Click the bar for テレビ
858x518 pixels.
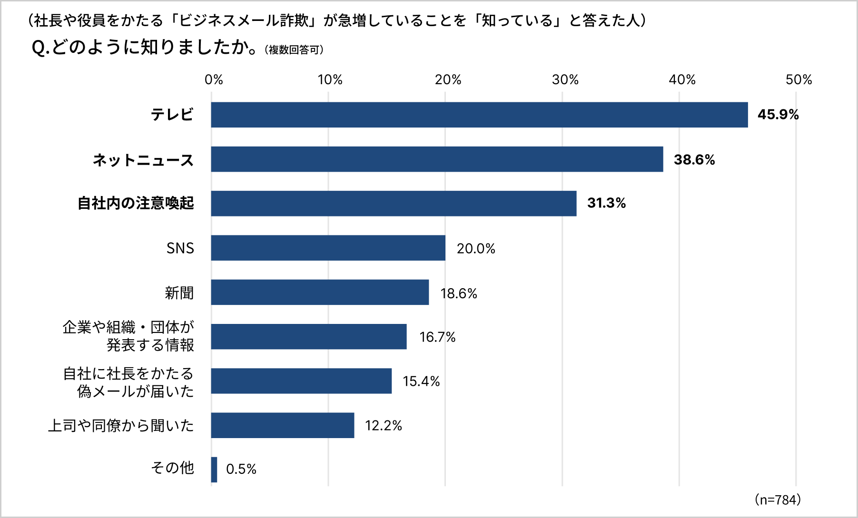click(479, 115)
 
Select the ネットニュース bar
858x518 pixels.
click(437, 159)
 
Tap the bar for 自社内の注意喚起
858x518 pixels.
click(394, 204)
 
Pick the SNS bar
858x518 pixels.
click(328, 248)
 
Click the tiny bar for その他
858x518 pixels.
click(214, 469)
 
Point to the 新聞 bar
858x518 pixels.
click(320, 292)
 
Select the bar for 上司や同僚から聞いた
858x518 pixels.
click(283, 425)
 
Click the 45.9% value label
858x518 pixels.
click(778, 115)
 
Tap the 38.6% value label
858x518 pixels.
click(694, 159)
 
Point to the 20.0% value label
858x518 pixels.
click(476, 248)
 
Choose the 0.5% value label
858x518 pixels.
click(241, 469)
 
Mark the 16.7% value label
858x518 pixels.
click(437, 337)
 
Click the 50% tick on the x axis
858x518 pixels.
click(799, 79)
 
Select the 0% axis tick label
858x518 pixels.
click(214, 79)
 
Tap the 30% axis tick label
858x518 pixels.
click(565, 79)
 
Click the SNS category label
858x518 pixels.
click(180, 248)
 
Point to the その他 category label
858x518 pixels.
click(172, 468)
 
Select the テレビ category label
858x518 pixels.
click(172, 115)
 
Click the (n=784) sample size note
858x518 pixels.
click(778, 499)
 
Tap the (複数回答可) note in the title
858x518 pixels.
click(294, 50)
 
